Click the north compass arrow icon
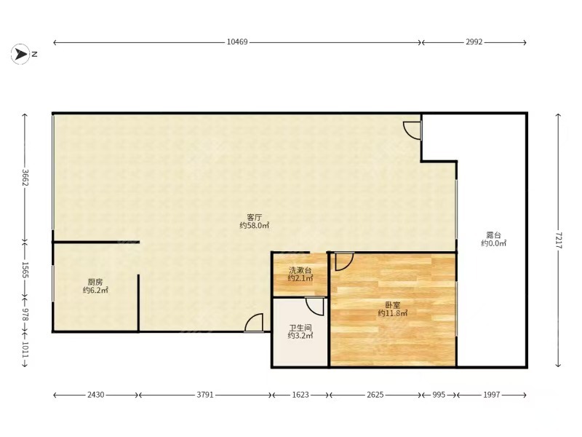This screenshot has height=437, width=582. pyautogui.click(x=20, y=54)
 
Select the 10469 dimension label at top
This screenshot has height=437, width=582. pyautogui.click(x=237, y=42)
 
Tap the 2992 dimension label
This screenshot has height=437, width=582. pyautogui.click(x=474, y=42)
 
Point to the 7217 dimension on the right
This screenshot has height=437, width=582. pyautogui.click(x=559, y=240)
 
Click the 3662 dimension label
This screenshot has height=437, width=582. pyautogui.click(x=25, y=178)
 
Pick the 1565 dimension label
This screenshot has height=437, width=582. pyautogui.click(x=25, y=270)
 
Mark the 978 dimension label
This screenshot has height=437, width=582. pyautogui.click(x=25, y=314)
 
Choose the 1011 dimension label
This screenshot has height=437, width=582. pyautogui.click(x=25, y=350)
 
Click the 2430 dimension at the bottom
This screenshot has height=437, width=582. pyautogui.click(x=96, y=395)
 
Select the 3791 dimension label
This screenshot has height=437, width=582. pyautogui.click(x=205, y=395)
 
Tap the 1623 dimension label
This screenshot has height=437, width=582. pyautogui.click(x=300, y=395)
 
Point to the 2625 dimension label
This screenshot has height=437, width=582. pyautogui.click(x=375, y=395)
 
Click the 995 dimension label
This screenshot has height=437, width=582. pyautogui.click(x=439, y=395)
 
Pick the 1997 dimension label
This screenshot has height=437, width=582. pyautogui.click(x=492, y=395)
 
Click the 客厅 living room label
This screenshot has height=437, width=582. pyautogui.click(x=254, y=217)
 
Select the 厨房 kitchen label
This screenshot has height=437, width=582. pyautogui.click(x=95, y=283)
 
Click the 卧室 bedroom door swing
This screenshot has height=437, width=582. pyautogui.click(x=344, y=261)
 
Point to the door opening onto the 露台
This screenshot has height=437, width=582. pyautogui.click(x=412, y=131)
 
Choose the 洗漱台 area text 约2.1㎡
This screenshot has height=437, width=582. pyautogui.click(x=300, y=278)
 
